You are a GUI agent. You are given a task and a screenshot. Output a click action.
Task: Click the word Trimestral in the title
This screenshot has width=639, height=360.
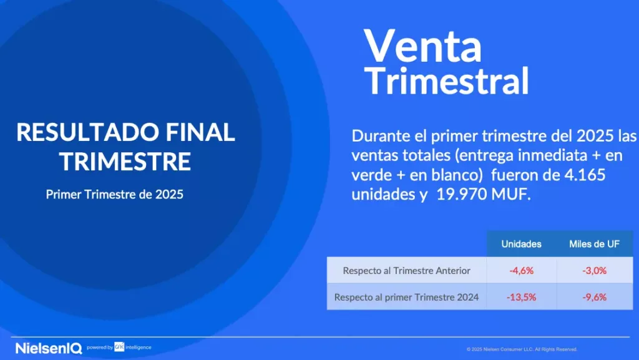point(447,80)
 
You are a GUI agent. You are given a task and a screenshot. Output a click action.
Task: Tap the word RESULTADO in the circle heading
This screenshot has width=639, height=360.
point(87,132)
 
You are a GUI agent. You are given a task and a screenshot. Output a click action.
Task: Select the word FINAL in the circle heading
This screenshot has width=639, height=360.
point(200,132)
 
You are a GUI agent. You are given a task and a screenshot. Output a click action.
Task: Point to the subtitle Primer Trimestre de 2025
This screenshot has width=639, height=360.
point(115,194)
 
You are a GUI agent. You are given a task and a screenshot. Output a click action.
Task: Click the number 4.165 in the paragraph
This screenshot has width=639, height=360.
point(585,175)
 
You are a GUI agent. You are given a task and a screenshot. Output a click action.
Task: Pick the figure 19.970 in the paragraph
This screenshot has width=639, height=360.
point(461,194)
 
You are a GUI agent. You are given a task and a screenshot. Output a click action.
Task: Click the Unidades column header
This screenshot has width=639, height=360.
point(521,244)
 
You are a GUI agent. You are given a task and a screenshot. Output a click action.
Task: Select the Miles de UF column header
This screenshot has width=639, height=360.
point(594,244)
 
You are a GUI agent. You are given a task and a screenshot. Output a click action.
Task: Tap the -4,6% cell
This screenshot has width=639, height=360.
point(521,270)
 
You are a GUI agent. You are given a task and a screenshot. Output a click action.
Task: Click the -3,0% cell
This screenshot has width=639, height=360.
point(594,270)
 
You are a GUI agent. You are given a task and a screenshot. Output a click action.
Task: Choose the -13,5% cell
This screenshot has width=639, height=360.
point(521,297)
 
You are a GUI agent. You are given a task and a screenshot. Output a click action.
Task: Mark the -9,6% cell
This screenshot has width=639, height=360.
point(594,297)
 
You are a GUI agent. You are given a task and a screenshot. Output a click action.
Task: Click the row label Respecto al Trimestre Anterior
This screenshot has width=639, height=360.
point(406,271)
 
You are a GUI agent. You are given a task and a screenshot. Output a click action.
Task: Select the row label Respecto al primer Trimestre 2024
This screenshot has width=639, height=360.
point(406,297)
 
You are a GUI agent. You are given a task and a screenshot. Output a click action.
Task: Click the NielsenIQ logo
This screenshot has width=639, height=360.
point(49,348)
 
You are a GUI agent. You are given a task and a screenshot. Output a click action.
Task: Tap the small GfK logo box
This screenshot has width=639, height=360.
point(119,347)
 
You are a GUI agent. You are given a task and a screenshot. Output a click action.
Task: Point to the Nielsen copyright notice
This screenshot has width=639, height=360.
point(522,349)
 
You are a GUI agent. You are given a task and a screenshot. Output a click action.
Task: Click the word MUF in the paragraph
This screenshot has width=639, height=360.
point(511,194)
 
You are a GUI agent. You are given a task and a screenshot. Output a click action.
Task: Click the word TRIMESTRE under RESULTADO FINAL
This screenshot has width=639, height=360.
point(125,161)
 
